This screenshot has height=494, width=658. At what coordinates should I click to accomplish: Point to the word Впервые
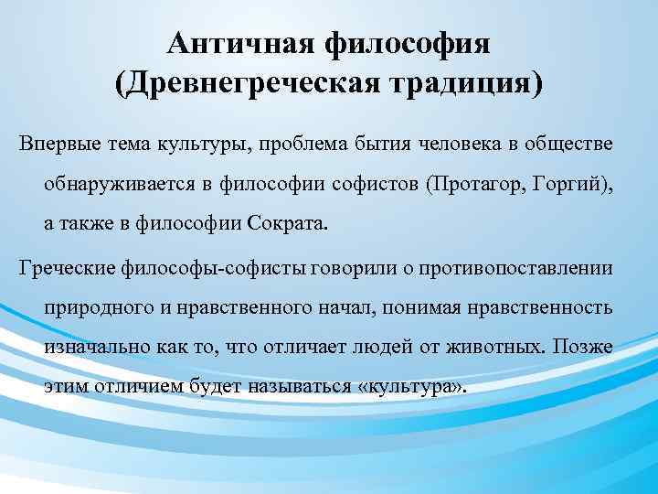point(53,146)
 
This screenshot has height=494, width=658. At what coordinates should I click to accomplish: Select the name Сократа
point(283,223)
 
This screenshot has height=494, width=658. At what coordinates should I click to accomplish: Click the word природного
point(92,308)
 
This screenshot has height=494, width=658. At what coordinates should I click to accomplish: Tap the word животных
point(513,348)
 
